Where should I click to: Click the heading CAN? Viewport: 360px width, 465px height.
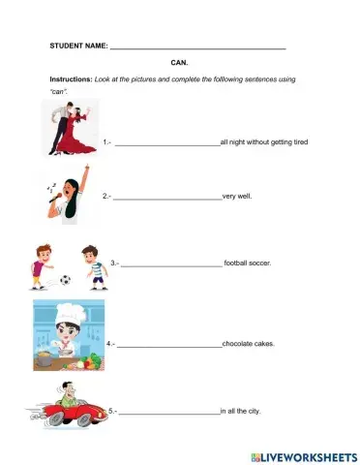tap(179, 62)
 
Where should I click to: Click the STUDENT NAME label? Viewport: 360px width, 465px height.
tap(78, 46)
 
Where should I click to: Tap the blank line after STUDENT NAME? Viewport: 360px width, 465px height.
tap(198, 47)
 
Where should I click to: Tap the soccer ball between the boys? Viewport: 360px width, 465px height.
tap(65, 280)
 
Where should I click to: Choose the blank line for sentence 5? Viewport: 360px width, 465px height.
tap(169, 413)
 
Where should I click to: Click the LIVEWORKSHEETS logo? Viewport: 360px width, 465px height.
tap(303, 454)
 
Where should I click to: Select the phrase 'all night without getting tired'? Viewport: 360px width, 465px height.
tap(264, 142)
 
